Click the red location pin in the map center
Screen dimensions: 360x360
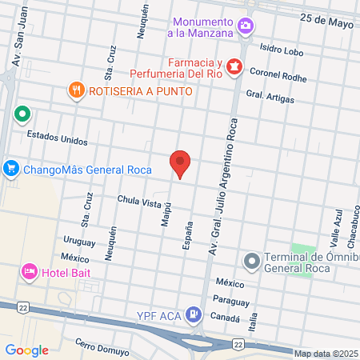(x=181, y=163)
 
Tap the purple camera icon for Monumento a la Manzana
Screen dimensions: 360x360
(x=246, y=26)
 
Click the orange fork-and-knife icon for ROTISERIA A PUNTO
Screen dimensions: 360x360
(x=77, y=90)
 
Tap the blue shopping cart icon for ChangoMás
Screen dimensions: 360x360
(x=10, y=169)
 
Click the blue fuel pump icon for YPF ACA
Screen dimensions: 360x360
(x=193, y=313)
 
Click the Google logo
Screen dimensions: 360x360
(x=26, y=350)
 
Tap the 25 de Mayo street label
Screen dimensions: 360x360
(x=326, y=19)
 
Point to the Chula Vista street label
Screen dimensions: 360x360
(x=139, y=203)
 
